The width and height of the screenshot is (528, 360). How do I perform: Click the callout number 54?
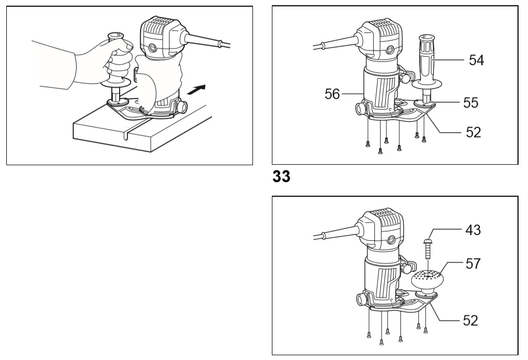tap(477, 60)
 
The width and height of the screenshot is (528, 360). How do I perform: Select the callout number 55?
tap(471, 103)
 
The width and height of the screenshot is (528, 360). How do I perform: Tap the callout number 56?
tap(332, 94)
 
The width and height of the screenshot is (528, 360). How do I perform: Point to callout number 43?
tap(473, 230)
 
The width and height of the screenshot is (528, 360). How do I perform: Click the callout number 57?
tap(473, 263)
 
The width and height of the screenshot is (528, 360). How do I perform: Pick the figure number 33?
tap(281, 176)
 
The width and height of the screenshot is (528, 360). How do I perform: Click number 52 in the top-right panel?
tap(473, 132)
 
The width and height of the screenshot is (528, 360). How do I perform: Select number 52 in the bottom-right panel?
tap(471, 320)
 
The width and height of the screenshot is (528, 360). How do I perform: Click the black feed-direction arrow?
tap(196, 90)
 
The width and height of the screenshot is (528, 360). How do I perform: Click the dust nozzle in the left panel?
tap(183, 107)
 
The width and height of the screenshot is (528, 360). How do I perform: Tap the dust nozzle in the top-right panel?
tap(360, 109)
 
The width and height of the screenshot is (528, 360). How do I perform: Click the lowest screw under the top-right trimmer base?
tap(380, 151)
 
